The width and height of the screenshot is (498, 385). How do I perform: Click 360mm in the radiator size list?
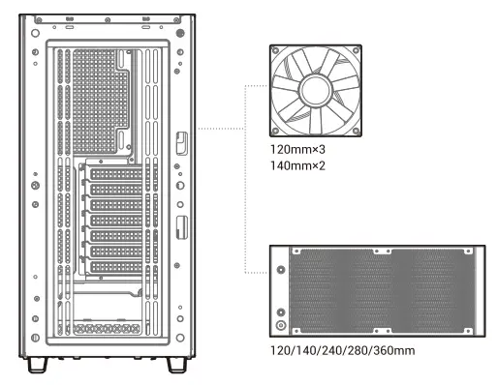tap(396, 349)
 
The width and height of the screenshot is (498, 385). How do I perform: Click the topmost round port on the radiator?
tap(282, 271)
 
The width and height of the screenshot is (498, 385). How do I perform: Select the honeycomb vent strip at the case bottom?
tap(107, 329)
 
